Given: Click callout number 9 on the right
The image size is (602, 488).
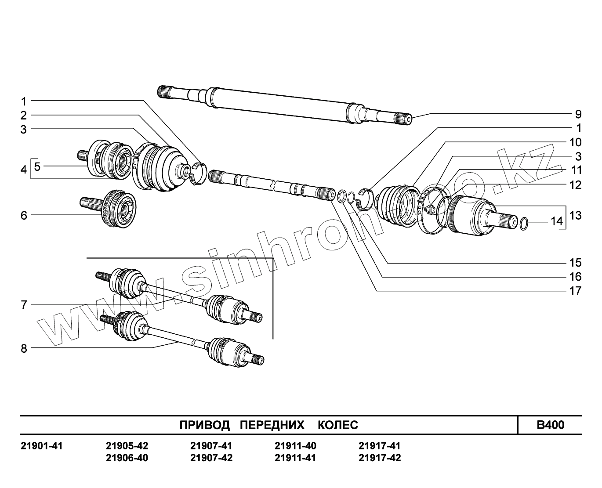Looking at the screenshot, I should click(578, 115).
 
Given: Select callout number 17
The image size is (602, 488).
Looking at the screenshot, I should click(575, 291).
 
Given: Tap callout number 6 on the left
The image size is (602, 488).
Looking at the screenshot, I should click(24, 215).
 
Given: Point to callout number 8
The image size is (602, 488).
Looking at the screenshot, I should click(24, 349).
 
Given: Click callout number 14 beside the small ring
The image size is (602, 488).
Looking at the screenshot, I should click(557, 221).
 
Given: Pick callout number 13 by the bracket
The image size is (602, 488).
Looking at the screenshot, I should click(575, 216).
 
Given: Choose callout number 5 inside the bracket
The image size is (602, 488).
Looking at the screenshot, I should click(37, 166).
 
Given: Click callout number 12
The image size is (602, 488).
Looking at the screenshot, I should click(575, 185).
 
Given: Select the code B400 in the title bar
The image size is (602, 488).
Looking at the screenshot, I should click(551, 425).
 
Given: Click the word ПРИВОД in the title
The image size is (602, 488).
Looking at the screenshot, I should click(205, 425).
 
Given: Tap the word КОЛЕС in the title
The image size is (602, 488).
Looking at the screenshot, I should click(337, 425).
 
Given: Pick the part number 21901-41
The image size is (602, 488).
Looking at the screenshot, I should click(42, 446).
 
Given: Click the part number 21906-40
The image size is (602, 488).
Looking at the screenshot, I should click(127, 458).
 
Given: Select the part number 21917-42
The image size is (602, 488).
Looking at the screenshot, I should click(380, 458).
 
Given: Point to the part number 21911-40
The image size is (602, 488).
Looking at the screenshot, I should click(295, 446).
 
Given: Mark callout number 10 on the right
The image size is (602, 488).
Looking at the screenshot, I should click(575, 142).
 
